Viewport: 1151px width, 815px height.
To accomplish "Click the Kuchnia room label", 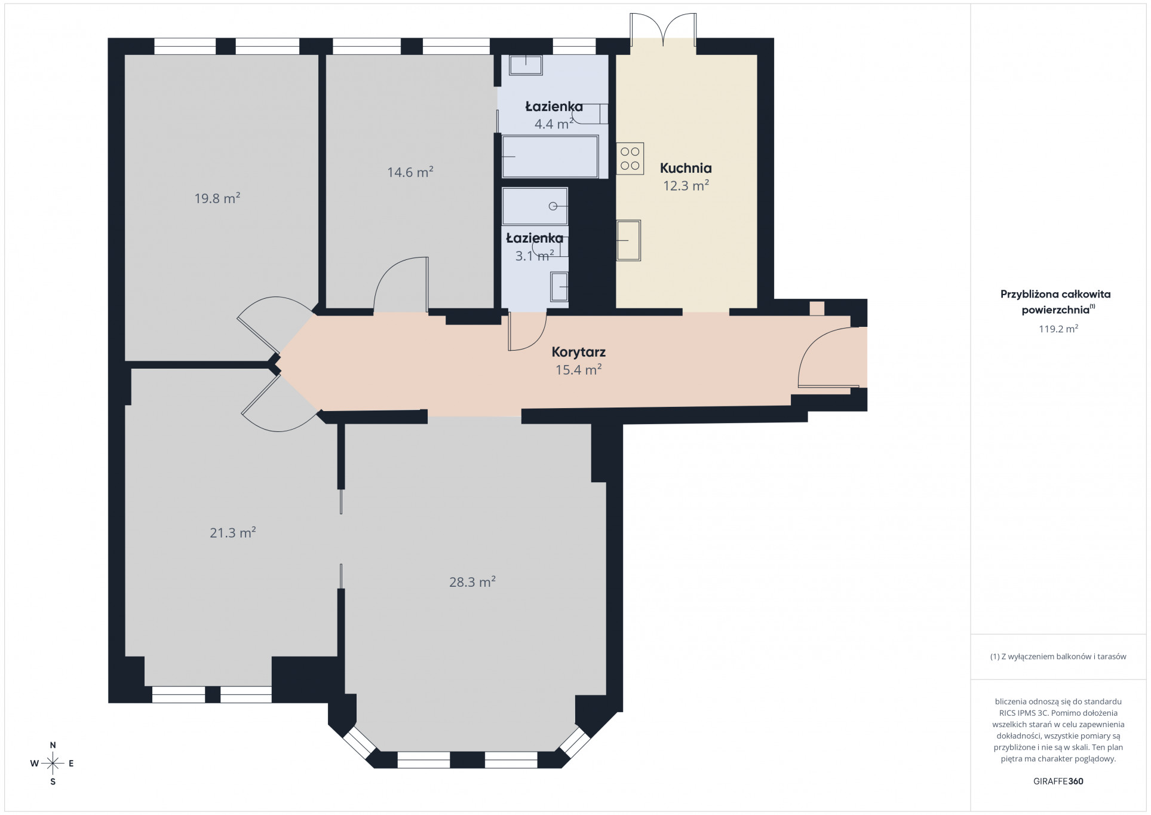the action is pyautogui.click(x=686, y=168).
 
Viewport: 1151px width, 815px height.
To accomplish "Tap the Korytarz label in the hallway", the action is pyautogui.click(x=578, y=353).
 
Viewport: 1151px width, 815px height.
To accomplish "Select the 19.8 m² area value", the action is pyautogui.click(x=217, y=198).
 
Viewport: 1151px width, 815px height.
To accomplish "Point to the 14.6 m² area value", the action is pyautogui.click(x=410, y=172).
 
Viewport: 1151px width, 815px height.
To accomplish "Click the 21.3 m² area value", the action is pyautogui.click(x=233, y=532).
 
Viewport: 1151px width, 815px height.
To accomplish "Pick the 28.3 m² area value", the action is pyautogui.click(x=472, y=581).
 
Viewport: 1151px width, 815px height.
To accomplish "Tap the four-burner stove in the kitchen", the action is pyautogui.click(x=630, y=158).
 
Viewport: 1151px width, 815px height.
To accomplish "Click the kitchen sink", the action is pyautogui.click(x=628, y=240).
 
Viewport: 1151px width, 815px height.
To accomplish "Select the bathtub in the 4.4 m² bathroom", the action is pyautogui.click(x=550, y=157).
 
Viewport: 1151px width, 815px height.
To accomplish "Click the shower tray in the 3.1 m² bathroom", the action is pyautogui.click(x=535, y=206).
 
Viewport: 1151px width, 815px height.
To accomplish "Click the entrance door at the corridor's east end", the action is pyautogui.click(x=824, y=359).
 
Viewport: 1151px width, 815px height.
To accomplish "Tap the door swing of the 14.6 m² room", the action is pyautogui.click(x=401, y=284).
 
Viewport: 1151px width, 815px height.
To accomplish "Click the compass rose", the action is pyautogui.click(x=53, y=763).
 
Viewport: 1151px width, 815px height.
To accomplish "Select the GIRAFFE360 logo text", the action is pyautogui.click(x=1058, y=781).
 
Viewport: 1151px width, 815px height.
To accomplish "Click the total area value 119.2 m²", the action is pyautogui.click(x=1058, y=329).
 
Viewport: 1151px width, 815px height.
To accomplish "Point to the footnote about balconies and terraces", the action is pyautogui.click(x=1058, y=656).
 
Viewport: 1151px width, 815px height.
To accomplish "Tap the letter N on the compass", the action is pyautogui.click(x=53, y=745).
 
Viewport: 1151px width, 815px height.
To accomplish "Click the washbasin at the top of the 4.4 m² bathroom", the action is pyautogui.click(x=526, y=65).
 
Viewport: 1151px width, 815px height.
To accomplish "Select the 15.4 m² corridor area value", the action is pyautogui.click(x=578, y=370).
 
